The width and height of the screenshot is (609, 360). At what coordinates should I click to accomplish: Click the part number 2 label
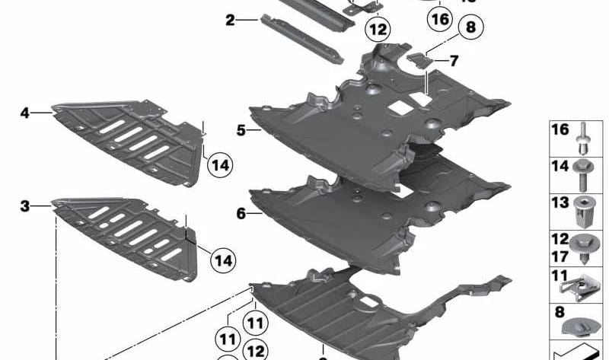(x=230, y=21)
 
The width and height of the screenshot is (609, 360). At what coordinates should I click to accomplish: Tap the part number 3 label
(x=25, y=205)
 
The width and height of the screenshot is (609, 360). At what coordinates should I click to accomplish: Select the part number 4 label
(x=25, y=113)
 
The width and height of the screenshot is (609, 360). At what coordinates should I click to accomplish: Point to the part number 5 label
(x=241, y=131)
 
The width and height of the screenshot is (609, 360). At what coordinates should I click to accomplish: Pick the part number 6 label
(x=241, y=214)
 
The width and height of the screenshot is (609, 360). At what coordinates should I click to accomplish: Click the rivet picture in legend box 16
(x=582, y=137)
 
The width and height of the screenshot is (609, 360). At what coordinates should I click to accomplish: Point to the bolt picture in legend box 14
(x=582, y=173)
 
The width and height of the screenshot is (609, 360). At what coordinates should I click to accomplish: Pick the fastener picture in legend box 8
(x=582, y=323)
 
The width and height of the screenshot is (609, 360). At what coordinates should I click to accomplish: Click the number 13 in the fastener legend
(x=560, y=202)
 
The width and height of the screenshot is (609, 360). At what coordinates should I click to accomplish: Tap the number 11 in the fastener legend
(x=560, y=276)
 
